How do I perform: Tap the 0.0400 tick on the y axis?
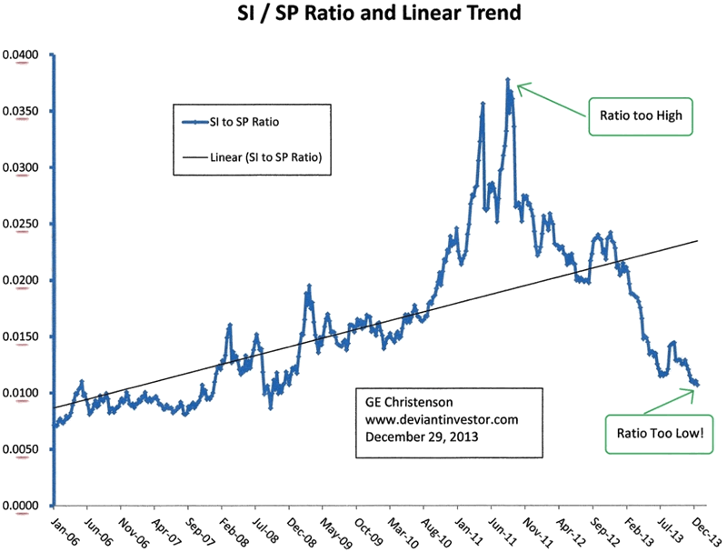click(x=22, y=55)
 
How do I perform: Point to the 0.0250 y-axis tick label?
click(x=22, y=224)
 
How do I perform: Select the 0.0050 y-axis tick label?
click(x=22, y=449)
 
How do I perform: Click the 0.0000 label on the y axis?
click(x=22, y=506)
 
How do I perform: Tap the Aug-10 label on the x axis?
click(x=438, y=530)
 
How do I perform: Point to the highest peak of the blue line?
click(x=507, y=80)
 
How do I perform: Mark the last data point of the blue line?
click(x=697, y=385)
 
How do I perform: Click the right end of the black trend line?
click(x=697, y=241)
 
